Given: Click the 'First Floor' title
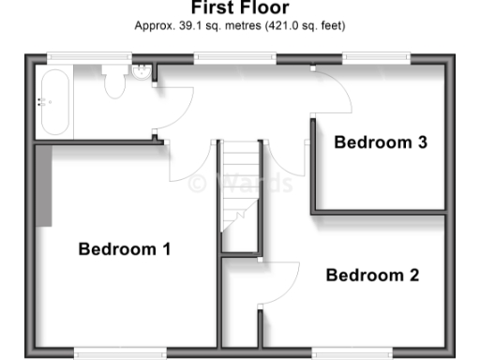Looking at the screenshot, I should pos(240,7).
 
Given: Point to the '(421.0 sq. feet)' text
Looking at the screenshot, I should pos(299,27).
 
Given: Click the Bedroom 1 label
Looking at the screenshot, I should pos(124,249).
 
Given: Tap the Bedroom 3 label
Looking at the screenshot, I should pos(381,142).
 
